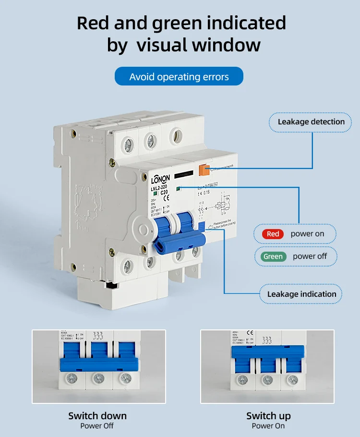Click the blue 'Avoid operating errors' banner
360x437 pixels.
(179, 77)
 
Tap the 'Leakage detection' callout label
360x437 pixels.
(311, 122)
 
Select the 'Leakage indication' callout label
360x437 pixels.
(301, 294)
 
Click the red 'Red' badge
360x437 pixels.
(273, 234)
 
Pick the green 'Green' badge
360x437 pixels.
(273, 256)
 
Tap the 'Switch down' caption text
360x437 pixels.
(97, 416)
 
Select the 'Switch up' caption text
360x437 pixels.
(268, 416)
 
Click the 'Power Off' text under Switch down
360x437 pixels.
(97, 426)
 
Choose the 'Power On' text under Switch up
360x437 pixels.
(268, 426)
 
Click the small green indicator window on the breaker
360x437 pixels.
(179, 189)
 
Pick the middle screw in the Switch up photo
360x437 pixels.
(267, 379)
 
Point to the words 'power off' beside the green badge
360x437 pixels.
(310, 256)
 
